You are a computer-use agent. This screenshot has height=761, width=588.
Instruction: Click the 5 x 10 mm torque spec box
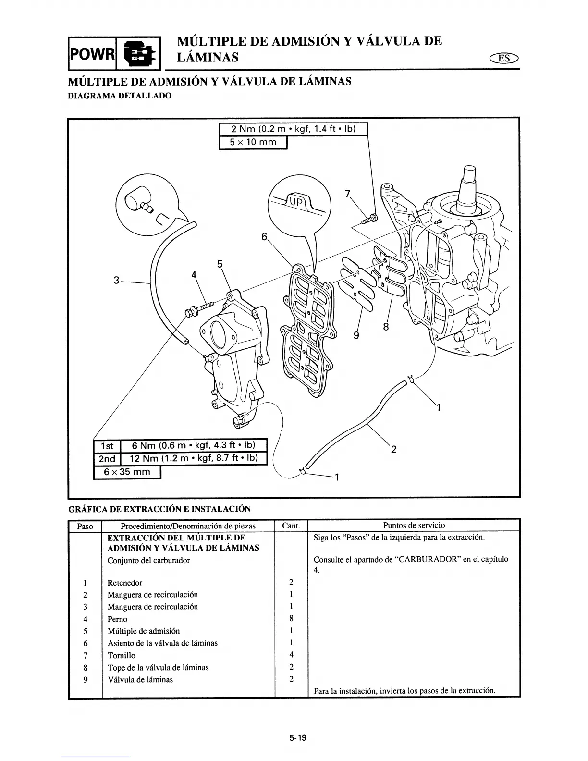tap(253, 143)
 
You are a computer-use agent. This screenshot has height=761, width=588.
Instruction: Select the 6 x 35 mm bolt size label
tap(127, 472)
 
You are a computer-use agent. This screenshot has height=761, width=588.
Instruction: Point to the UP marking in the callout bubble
tap(296, 202)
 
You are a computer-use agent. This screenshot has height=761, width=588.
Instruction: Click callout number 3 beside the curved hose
tap(116, 280)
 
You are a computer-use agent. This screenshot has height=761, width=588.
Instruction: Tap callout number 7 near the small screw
tap(347, 194)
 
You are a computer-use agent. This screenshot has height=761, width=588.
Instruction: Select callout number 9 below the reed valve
tap(356, 336)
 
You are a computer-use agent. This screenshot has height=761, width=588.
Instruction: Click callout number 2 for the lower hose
tap(394, 450)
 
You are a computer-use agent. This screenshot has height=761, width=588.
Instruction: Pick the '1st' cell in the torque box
tap(106, 446)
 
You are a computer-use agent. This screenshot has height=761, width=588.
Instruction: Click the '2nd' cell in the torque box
tap(106, 459)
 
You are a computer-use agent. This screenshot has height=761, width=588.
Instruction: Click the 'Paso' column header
tap(85, 526)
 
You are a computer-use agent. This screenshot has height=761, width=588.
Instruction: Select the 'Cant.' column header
tap(291, 526)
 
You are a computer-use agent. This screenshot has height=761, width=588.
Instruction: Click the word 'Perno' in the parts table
tap(117, 619)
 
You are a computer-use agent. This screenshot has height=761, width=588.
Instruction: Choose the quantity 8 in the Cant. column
tap(291, 619)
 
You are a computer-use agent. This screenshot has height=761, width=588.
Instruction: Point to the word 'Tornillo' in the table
tap(121, 655)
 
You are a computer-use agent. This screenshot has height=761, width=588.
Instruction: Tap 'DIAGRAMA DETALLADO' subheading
tap(119, 96)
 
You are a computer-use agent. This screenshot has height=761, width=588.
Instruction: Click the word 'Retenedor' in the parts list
tap(124, 583)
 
